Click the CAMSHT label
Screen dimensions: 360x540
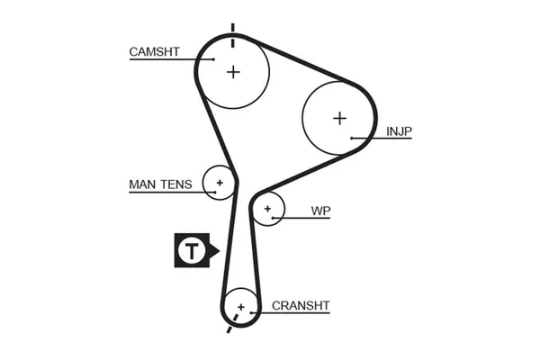[x=156, y=51]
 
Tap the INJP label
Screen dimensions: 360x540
[x=400, y=131]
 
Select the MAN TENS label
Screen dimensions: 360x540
[x=160, y=184]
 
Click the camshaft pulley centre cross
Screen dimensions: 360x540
[x=233, y=71]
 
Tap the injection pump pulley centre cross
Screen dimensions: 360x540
[x=339, y=118]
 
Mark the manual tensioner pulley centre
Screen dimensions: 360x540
[x=219, y=183]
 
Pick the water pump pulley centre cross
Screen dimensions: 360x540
[x=267, y=209]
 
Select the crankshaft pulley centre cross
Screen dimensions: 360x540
[x=240, y=307]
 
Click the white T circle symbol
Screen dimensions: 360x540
[x=191, y=250]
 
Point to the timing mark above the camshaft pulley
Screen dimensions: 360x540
[x=233, y=31]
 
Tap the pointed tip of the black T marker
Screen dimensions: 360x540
[x=218, y=250]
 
